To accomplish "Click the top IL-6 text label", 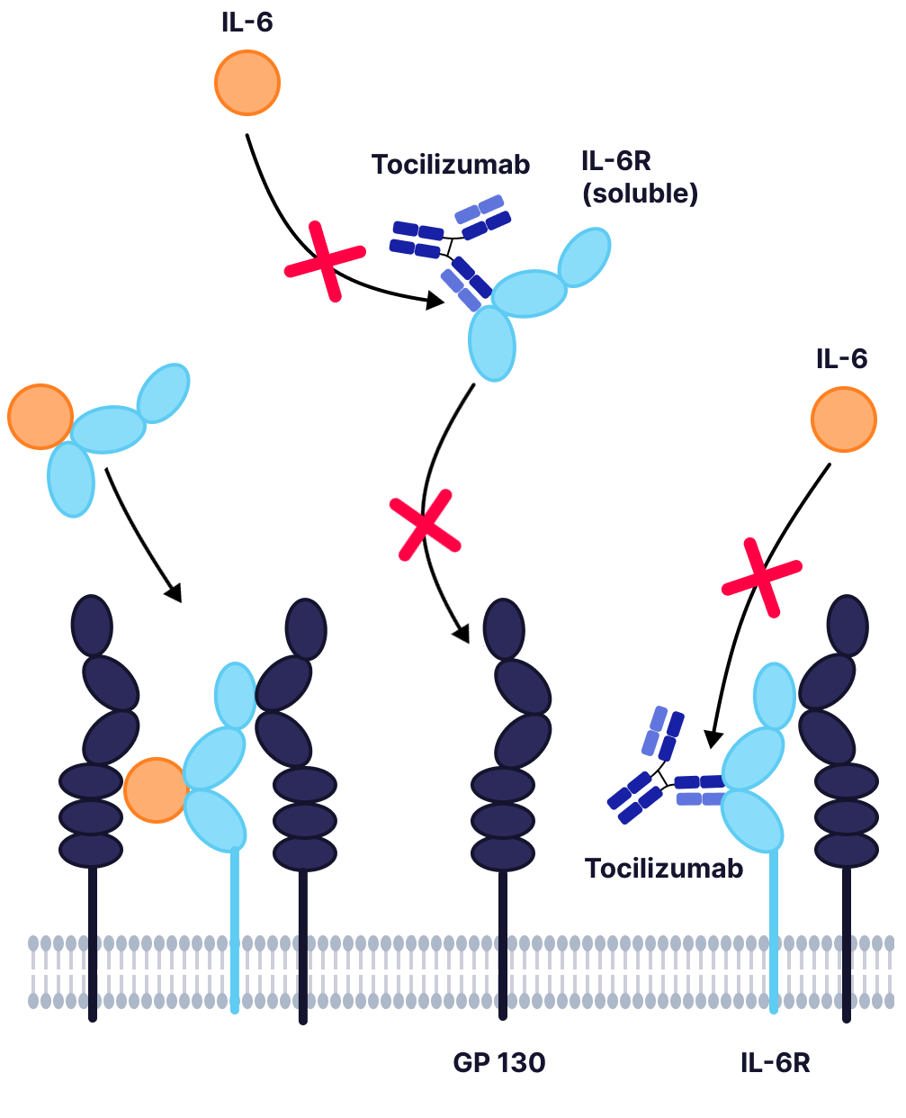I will [x=247, y=23].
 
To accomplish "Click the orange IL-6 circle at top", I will [x=247, y=83].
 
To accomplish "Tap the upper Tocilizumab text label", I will [x=451, y=165].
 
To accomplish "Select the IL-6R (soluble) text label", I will [x=639, y=177].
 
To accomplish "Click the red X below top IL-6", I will [x=325, y=261].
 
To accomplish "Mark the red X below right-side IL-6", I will [x=761, y=577].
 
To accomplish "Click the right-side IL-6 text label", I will [x=841, y=359].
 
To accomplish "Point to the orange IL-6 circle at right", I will [x=844, y=419].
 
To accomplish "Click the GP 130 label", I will [x=498, y=1063].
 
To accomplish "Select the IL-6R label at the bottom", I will [x=775, y=1063].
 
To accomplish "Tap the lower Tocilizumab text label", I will [x=664, y=869].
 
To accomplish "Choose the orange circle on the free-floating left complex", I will [x=40, y=416].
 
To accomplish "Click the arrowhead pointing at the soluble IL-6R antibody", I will [x=435, y=302].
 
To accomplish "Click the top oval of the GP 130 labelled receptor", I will [x=504, y=628].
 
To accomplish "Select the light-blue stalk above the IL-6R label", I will [x=773, y=927].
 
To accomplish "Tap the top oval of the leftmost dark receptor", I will [x=92, y=625].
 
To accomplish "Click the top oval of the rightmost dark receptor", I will [x=848, y=625].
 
